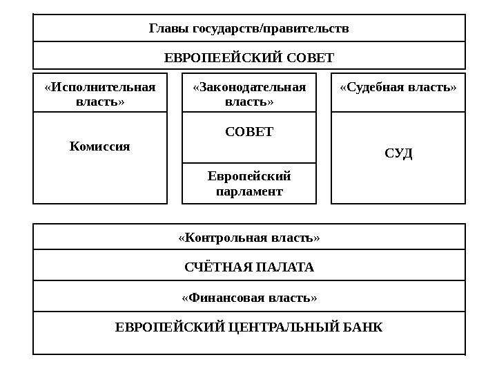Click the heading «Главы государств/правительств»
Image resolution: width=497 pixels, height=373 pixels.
tap(249, 28)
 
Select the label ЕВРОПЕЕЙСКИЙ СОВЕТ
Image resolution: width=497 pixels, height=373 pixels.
tap(249, 57)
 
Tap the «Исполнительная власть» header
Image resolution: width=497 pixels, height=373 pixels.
tap(100, 94)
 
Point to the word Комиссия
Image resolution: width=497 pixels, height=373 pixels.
tap(100, 146)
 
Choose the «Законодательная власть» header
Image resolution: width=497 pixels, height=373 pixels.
tap(249, 94)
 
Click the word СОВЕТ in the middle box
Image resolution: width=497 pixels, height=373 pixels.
tap(249, 131)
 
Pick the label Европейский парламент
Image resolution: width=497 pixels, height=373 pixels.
tap(249, 183)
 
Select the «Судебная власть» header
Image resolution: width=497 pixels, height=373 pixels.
tap(398, 88)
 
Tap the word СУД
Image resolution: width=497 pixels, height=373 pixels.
tap(398, 153)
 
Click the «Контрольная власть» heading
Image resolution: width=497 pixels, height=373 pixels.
tap(249, 238)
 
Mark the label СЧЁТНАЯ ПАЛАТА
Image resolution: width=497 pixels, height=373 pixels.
tap(249, 267)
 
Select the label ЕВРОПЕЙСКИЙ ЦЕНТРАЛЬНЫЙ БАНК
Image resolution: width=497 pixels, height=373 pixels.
tap(249, 326)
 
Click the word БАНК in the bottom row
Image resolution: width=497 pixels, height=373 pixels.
tap(364, 326)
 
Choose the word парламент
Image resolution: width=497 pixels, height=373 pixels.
tap(249, 191)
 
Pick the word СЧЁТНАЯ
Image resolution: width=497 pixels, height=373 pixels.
tap(219, 267)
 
